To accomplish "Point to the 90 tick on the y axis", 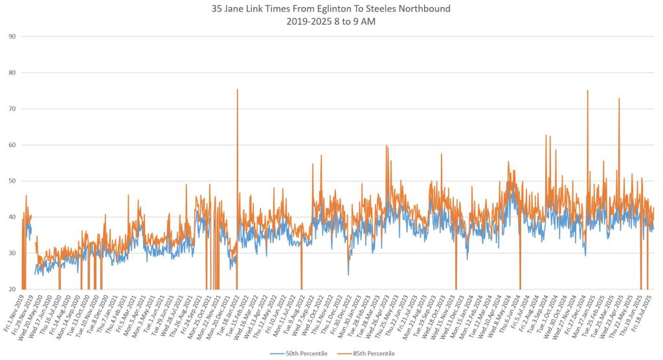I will [12, 36].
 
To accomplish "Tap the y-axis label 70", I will [12, 108].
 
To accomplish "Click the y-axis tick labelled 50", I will [12, 181].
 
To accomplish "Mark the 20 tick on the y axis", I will [12, 289].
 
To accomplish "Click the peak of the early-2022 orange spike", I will [237, 90].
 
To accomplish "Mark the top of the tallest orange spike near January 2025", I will [587, 91].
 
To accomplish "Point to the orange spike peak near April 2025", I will [619, 99].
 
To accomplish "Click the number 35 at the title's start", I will [218, 9].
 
